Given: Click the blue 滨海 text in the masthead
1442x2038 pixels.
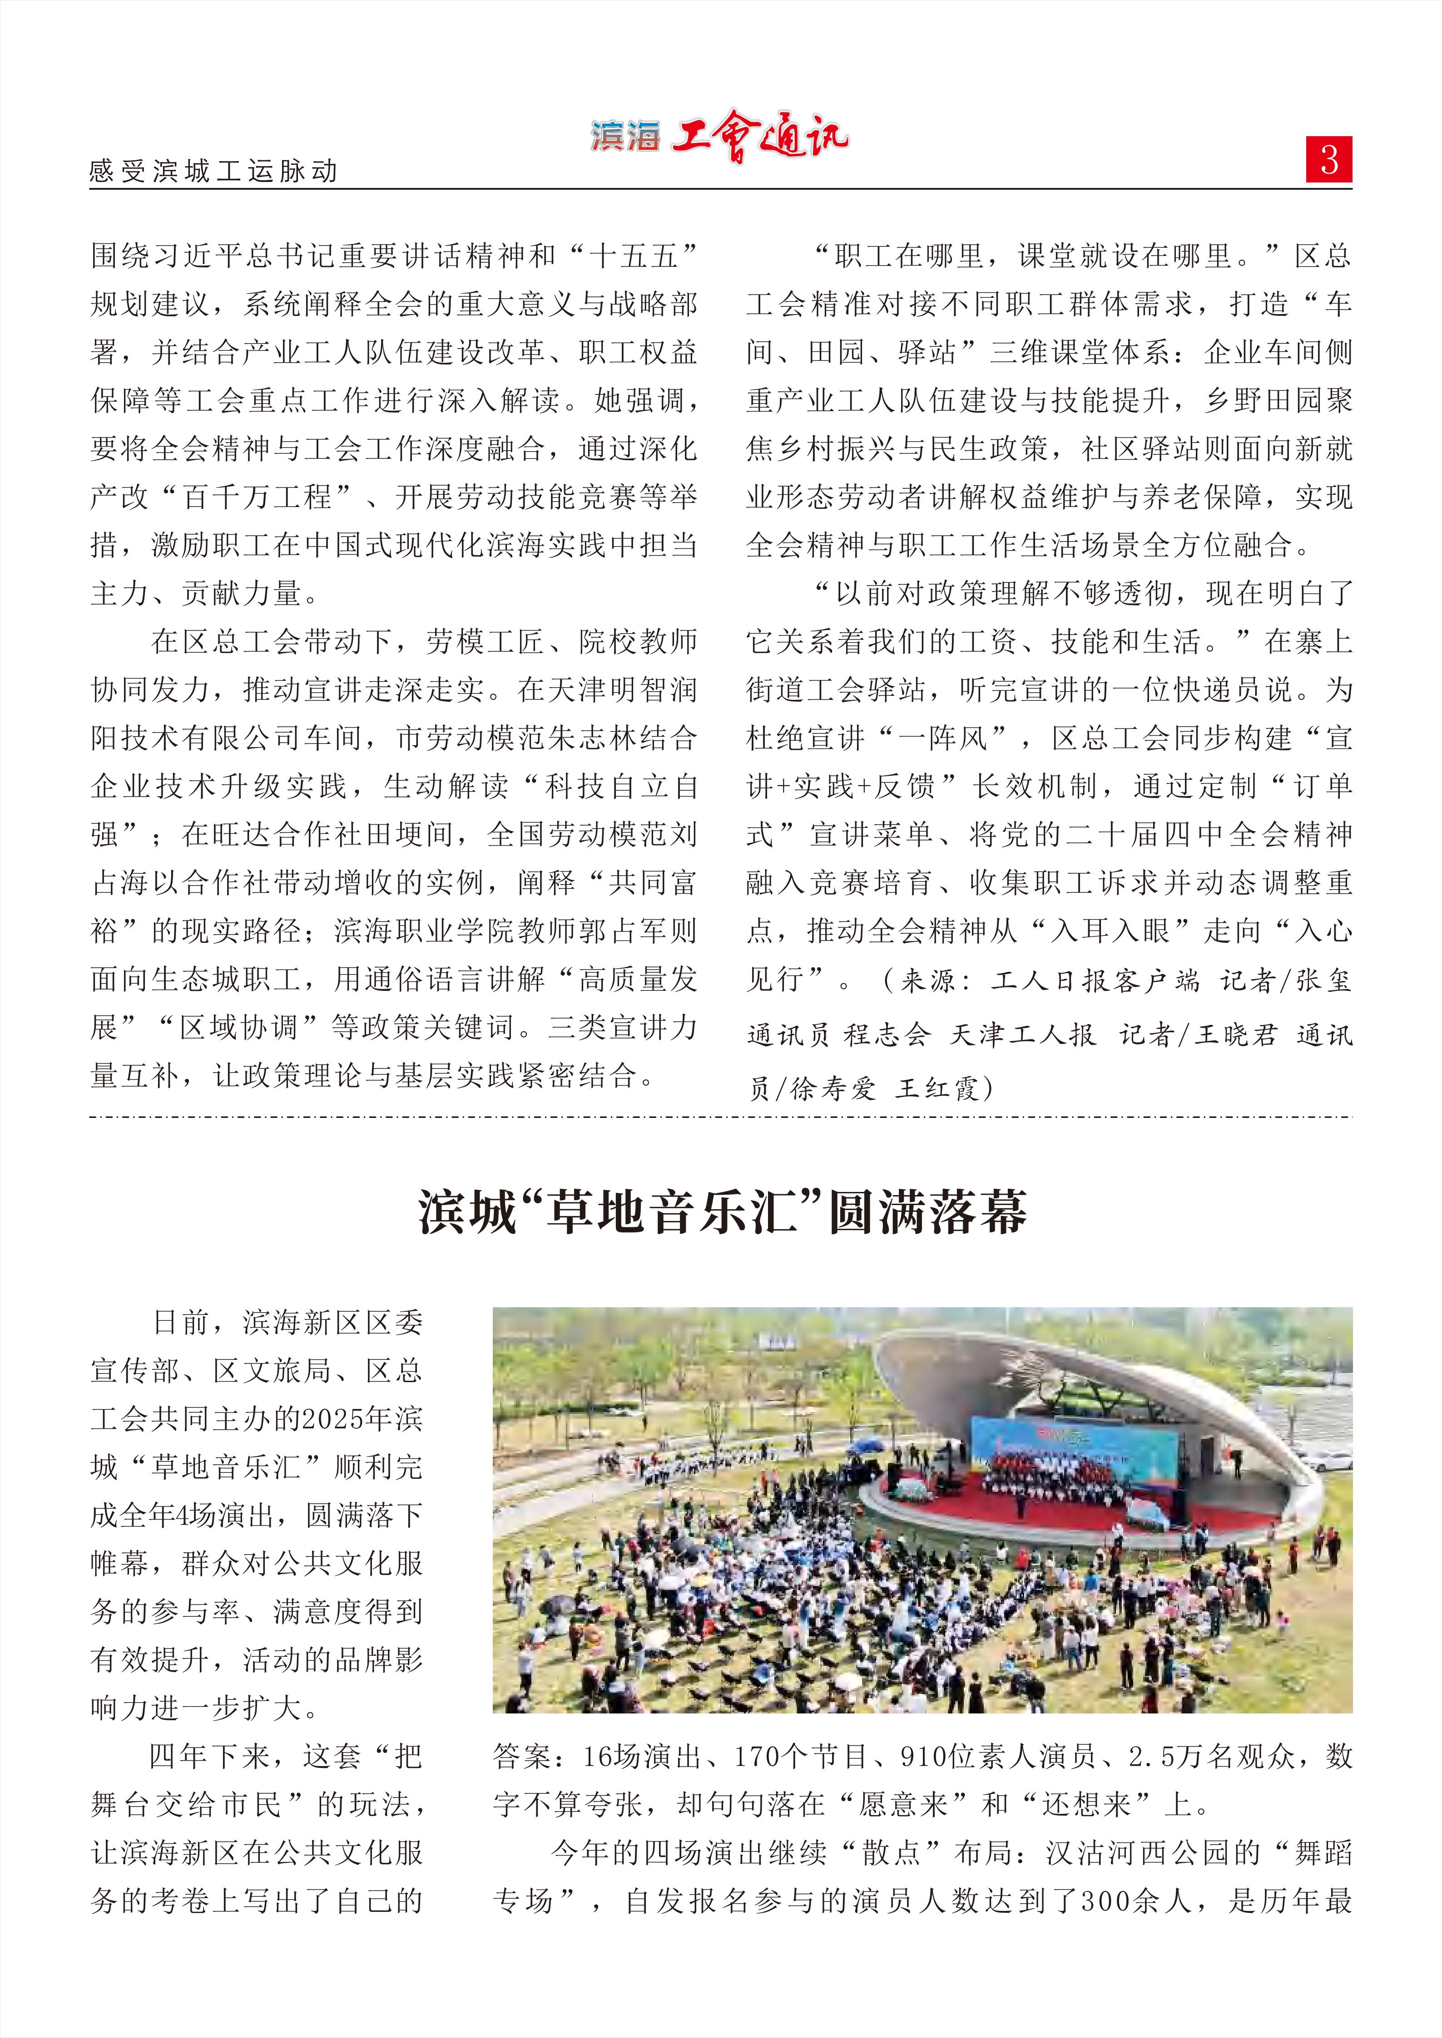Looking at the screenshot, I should coord(625,136).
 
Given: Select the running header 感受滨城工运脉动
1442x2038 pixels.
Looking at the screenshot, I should coord(213,170).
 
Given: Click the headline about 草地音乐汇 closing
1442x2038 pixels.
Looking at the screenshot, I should coord(721,1211).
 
